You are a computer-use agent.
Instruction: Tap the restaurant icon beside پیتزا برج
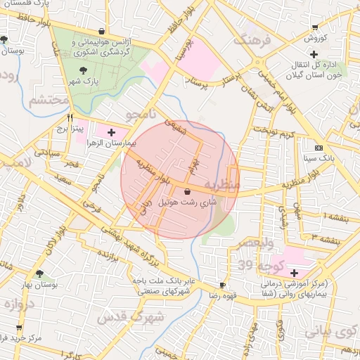click(x=69, y=118)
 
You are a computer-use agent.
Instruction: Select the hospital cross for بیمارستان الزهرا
click(x=111, y=131)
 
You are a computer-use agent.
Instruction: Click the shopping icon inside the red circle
click(x=187, y=191)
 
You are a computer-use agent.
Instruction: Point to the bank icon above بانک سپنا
click(x=319, y=148)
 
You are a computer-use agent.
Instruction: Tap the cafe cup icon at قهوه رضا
click(x=222, y=285)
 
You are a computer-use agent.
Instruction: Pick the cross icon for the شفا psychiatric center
click(x=293, y=272)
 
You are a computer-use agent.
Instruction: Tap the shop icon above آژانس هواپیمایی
click(x=103, y=31)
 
